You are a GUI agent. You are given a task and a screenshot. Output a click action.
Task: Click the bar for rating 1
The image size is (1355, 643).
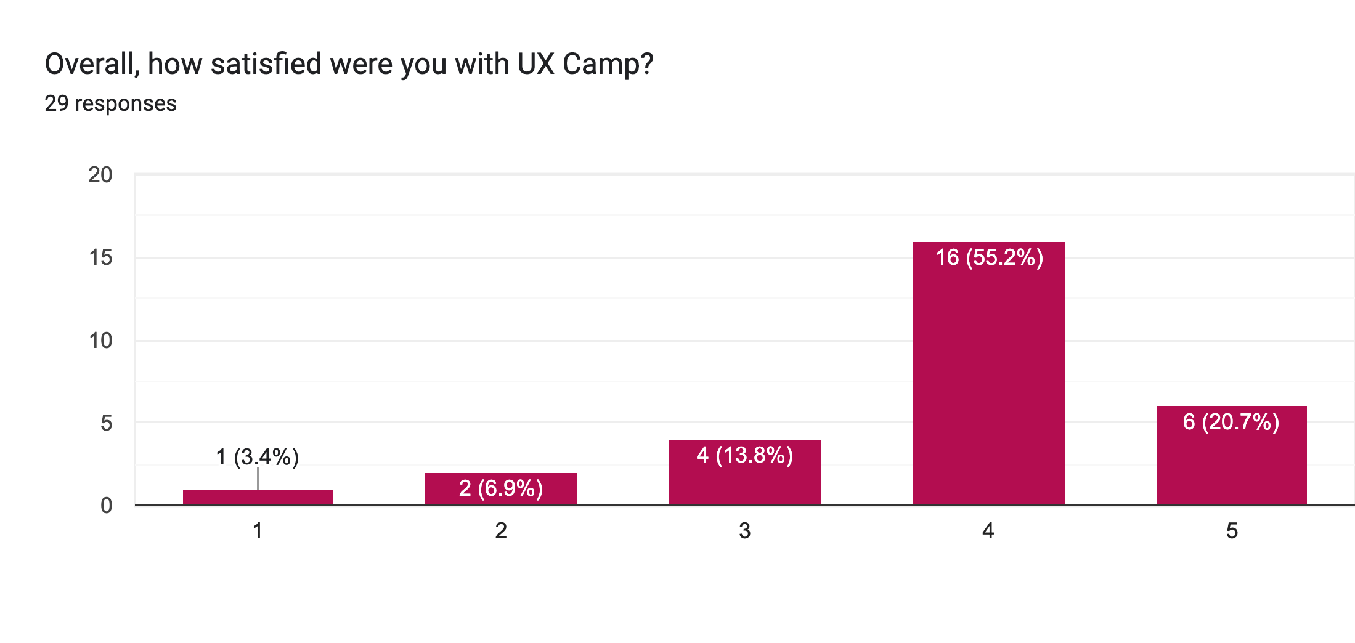click(x=258, y=497)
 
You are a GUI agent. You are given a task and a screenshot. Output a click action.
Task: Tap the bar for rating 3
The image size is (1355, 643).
click(x=744, y=480)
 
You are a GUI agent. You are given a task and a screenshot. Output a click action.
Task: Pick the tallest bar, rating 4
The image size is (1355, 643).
click(x=988, y=382)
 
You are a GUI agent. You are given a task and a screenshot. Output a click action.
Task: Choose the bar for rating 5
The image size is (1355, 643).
click(x=1232, y=462)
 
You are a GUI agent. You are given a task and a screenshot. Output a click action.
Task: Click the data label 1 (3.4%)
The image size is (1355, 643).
click(x=258, y=457)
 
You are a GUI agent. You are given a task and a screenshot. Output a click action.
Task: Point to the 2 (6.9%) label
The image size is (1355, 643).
click(x=500, y=488)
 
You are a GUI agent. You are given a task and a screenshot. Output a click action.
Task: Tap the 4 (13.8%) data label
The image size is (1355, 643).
click(x=744, y=455)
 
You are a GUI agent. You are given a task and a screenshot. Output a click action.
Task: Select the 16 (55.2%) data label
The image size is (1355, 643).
click(x=989, y=257)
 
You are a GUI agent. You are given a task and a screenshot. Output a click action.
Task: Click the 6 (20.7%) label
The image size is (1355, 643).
click(x=1231, y=422)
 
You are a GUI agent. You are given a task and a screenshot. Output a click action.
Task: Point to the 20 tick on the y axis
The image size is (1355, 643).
click(x=100, y=175)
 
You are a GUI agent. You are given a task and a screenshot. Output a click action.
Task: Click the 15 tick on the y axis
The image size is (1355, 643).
click(x=100, y=257)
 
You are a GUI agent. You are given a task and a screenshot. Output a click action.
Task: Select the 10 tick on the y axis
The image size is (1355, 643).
click(x=100, y=340)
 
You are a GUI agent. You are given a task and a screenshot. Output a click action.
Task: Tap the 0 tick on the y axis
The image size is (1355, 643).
click(x=106, y=506)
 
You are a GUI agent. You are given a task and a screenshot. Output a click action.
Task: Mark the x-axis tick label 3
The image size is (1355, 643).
click(x=744, y=530)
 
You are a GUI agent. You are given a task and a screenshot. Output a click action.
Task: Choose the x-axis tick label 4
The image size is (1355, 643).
click(x=988, y=530)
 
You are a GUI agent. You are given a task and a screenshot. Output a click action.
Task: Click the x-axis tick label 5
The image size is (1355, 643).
click(x=1232, y=530)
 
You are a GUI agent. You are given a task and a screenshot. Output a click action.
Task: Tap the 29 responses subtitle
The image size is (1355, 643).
click(x=111, y=103)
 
